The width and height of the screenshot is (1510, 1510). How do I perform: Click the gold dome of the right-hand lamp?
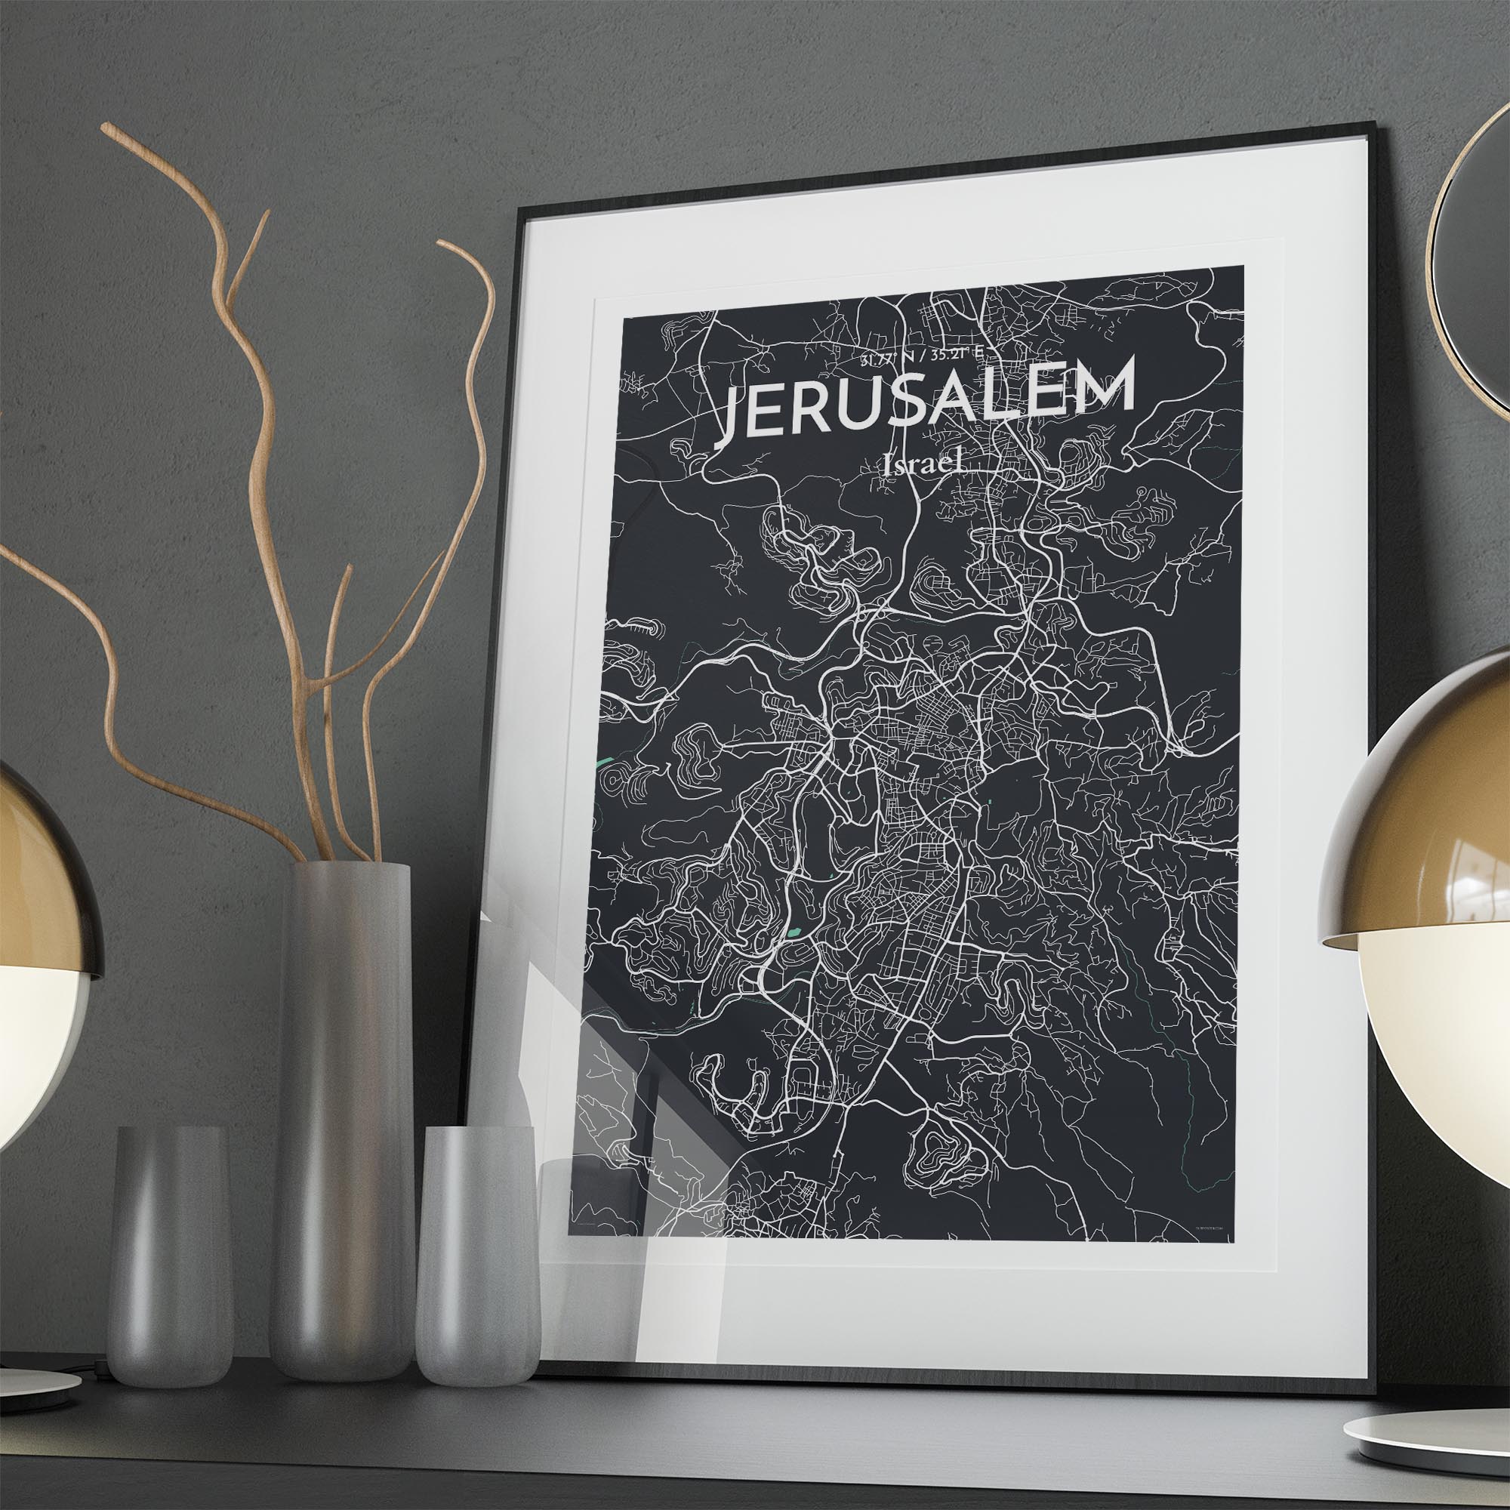1415,805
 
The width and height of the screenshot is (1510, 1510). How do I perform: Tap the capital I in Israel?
887,467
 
